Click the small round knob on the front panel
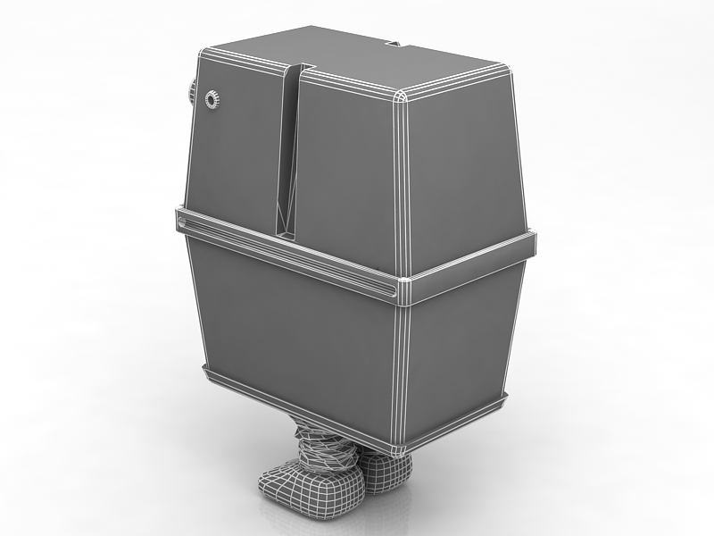(x=212, y=99)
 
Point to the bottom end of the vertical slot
(x=287, y=234)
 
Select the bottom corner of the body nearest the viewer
(x=399, y=446)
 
